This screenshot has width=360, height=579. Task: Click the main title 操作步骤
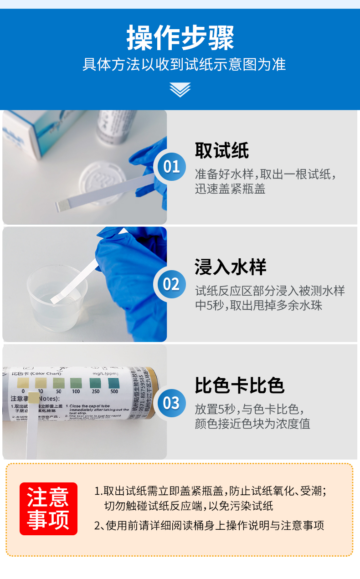180,37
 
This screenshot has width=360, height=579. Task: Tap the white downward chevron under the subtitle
180,89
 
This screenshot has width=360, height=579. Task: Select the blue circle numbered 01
171,167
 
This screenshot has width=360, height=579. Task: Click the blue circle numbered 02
171,284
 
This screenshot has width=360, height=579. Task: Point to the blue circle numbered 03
171,403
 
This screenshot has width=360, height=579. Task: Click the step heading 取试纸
222,150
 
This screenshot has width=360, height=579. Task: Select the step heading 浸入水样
231,267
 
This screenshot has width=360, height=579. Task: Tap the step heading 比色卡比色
240,385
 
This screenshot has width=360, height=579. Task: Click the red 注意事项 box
48,508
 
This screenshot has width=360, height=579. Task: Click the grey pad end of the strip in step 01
61,206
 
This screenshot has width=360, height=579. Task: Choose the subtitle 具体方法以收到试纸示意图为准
184,64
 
